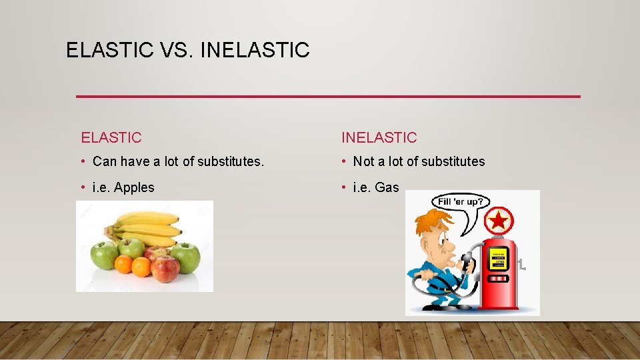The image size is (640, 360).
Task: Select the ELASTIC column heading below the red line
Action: click(x=111, y=138)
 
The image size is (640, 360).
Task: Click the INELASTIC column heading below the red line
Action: click(x=379, y=138)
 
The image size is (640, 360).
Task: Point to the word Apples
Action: click(x=134, y=188)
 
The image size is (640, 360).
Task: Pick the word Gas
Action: click(x=387, y=188)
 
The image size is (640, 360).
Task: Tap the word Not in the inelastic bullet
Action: click(x=363, y=161)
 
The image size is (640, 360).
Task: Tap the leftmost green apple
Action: click(x=104, y=255)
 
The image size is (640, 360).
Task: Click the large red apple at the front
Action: click(x=165, y=268)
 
